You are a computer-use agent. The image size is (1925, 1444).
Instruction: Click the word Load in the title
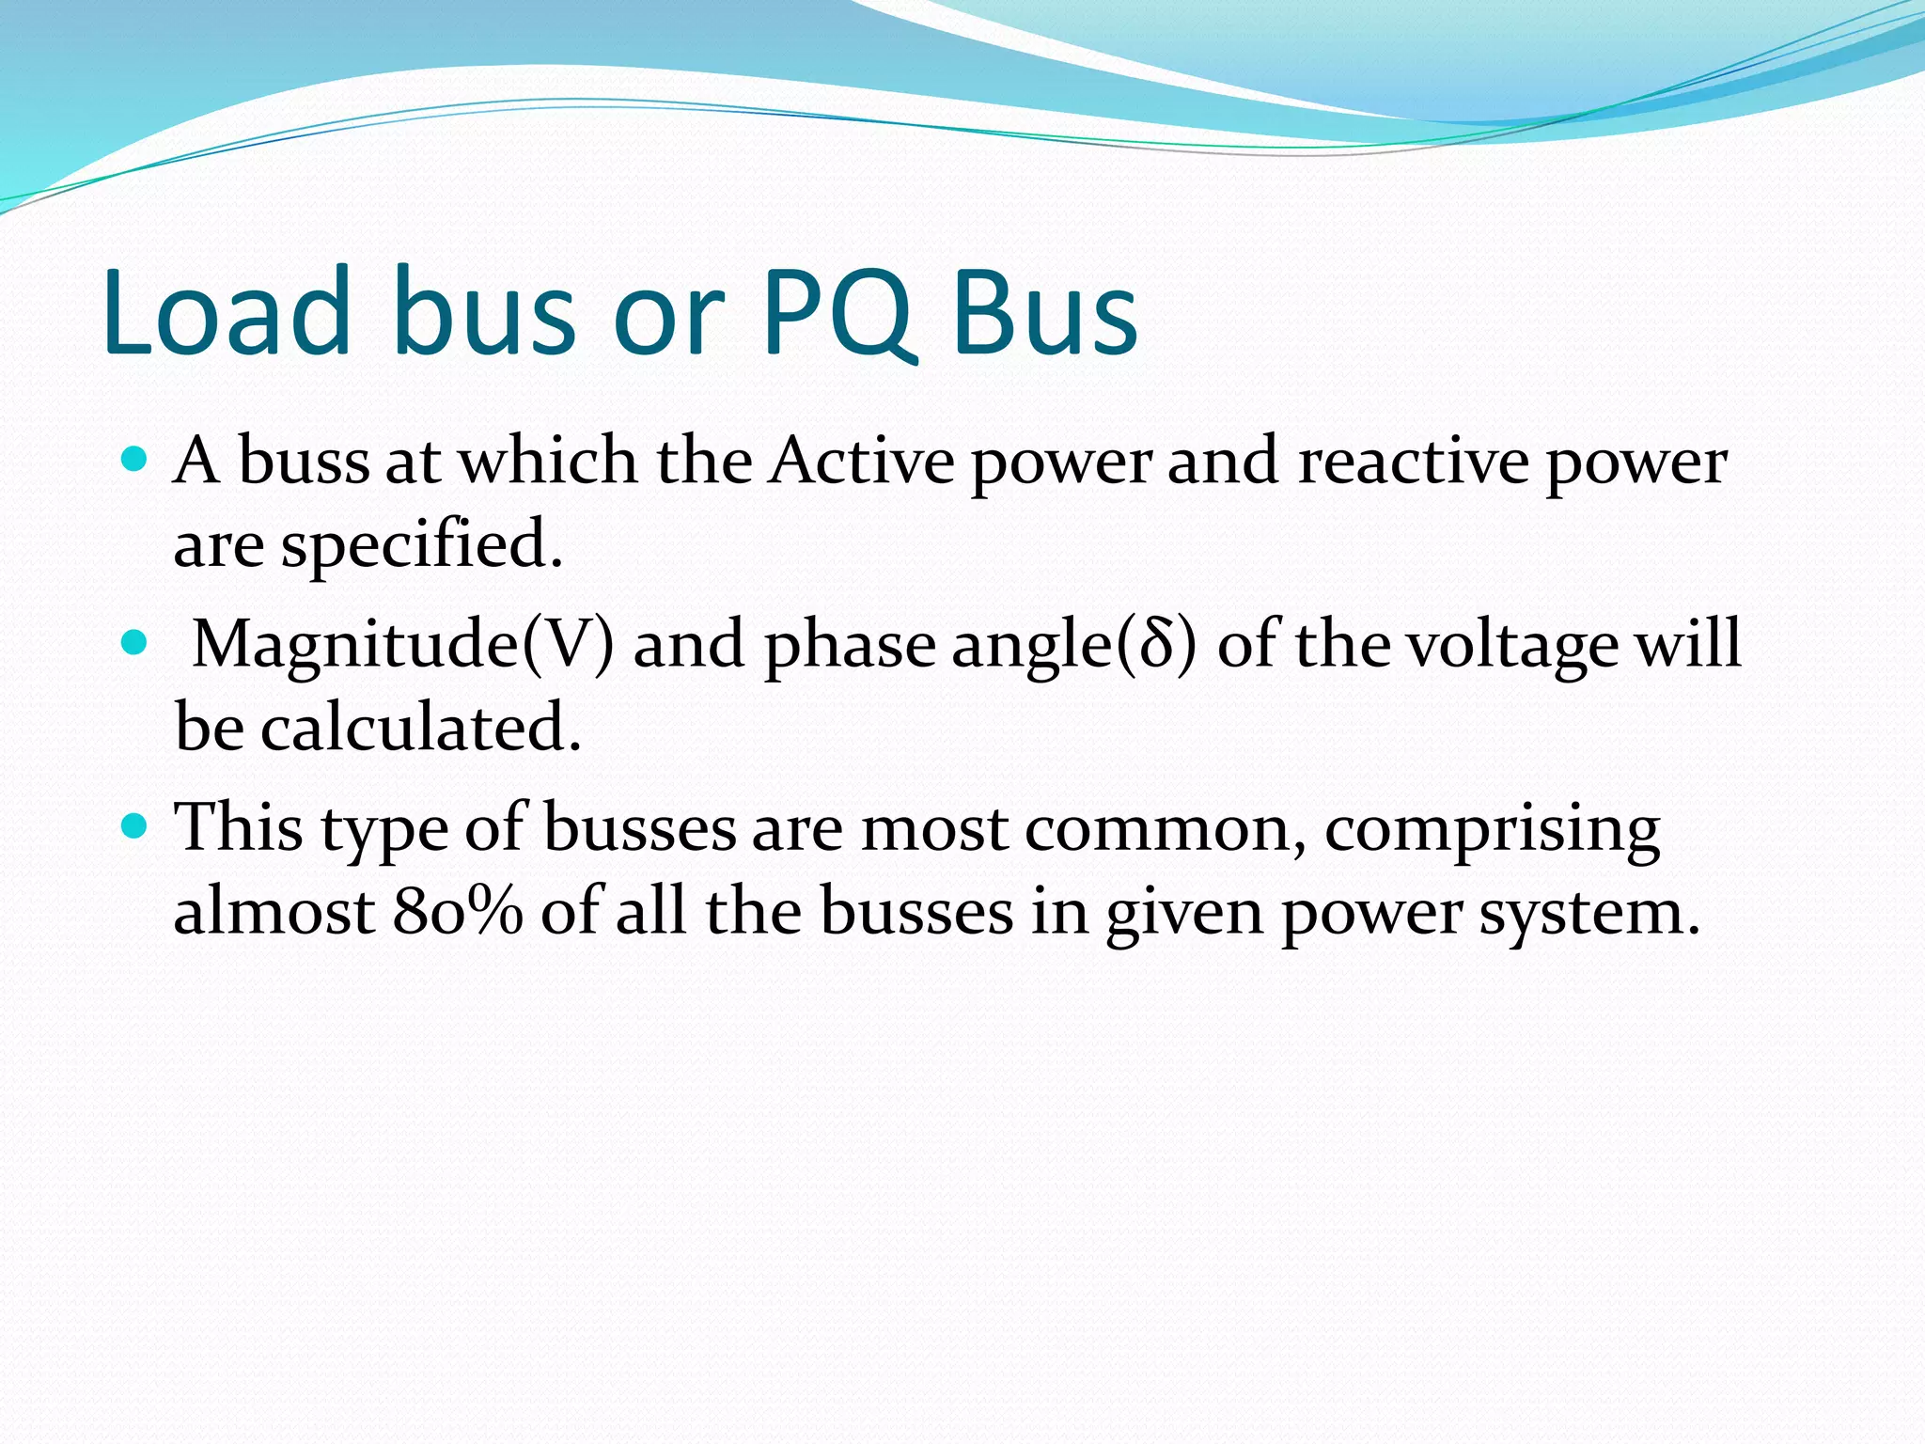point(226,313)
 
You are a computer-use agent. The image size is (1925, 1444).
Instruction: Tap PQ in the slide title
point(837,313)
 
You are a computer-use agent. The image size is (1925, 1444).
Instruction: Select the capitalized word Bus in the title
point(1045,313)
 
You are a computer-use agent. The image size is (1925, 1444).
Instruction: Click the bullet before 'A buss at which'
point(135,460)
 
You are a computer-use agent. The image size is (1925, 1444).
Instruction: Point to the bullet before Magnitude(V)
point(135,643)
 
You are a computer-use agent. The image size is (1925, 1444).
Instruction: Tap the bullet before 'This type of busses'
point(135,826)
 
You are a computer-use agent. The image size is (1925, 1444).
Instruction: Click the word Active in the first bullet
point(861,462)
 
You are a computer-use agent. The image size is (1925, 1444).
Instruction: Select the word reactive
point(1414,462)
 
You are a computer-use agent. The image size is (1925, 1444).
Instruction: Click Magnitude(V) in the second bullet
point(402,646)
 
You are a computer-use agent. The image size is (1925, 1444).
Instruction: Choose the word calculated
point(420,728)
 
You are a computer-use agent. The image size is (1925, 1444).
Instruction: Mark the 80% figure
point(458,912)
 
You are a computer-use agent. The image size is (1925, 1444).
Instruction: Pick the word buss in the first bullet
point(304,462)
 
